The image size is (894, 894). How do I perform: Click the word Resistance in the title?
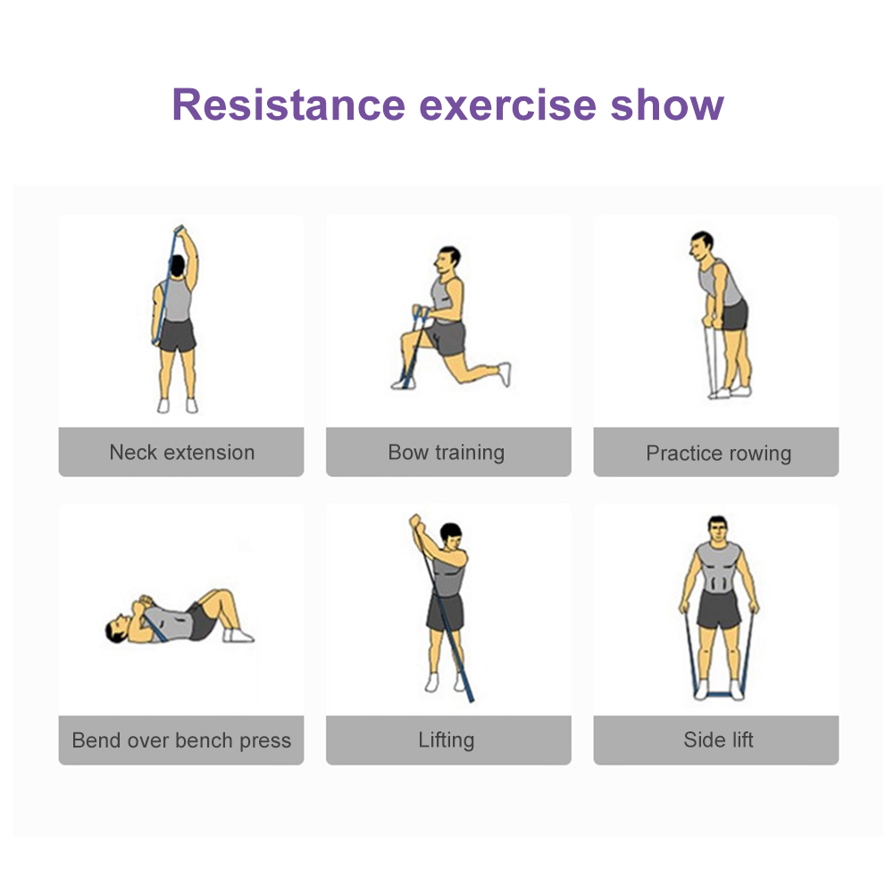[x=288, y=104]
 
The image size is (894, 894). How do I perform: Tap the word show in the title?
[x=667, y=104]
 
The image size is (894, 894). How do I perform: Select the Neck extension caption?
[x=182, y=452]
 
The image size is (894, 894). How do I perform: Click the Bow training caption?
[x=447, y=453]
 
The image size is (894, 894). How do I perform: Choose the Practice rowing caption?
[x=718, y=454]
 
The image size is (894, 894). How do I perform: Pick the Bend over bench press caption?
[x=181, y=740]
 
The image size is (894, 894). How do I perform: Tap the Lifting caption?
[x=447, y=740]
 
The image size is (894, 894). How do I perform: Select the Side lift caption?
[x=718, y=739]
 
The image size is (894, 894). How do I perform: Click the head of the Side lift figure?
[x=717, y=531]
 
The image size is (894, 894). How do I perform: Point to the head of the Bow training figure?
[x=448, y=261]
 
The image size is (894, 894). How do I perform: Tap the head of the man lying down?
[x=118, y=629]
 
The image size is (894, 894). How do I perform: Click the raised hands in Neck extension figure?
[x=180, y=231]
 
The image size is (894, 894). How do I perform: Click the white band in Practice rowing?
[x=710, y=361]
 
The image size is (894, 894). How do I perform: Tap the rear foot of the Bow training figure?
[x=505, y=374]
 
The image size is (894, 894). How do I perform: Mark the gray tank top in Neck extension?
[x=177, y=299]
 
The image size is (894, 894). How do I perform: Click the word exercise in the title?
[x=508, y=104]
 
